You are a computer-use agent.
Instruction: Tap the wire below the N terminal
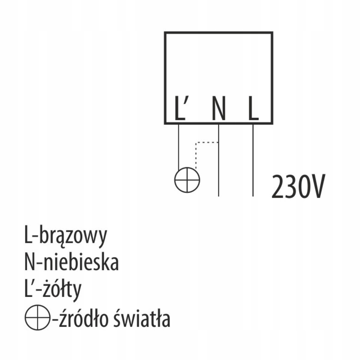point(218,168)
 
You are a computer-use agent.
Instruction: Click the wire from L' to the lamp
point(179,147)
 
